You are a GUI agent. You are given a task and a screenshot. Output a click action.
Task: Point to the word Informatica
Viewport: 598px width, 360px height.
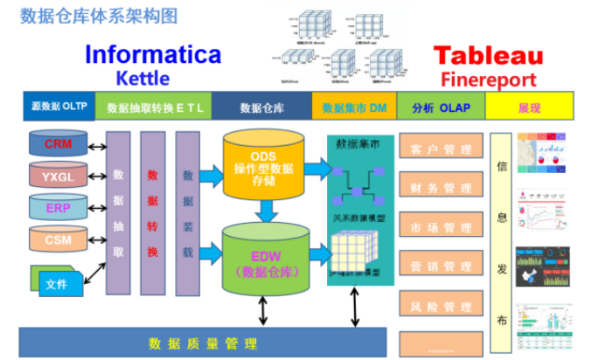(x=153, y=54)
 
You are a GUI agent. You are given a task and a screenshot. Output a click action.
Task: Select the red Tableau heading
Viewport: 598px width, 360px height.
(x=489, y=56)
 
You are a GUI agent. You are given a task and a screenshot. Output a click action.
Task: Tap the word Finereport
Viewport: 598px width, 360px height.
(x=489, y=80)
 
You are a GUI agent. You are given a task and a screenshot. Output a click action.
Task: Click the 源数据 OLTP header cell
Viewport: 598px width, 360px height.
(x=56, y=107)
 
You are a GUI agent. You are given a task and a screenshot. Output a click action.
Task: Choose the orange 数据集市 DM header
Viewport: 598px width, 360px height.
(x=354, y=107)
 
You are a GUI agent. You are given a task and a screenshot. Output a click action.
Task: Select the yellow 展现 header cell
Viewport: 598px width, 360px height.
(x=529, y=107)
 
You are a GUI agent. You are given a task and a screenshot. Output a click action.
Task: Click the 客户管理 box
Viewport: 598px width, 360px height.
(x=441, y=149)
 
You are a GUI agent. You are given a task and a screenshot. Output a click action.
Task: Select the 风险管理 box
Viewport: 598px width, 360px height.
(x=441, y=307)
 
